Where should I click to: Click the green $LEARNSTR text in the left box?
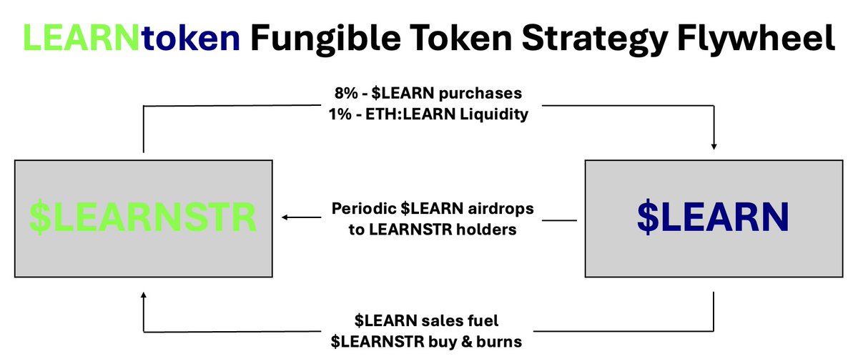[x=143, y=219]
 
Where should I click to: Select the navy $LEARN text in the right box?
[x=713, y=219]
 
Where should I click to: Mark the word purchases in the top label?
[x=485, y=94]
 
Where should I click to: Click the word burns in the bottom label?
[x=501, y=342]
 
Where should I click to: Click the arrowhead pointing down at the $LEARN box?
[x=714, y=147]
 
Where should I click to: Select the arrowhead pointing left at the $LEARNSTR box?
[x=285, y=219]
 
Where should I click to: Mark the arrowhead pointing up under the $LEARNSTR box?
[x=143, y=295]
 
